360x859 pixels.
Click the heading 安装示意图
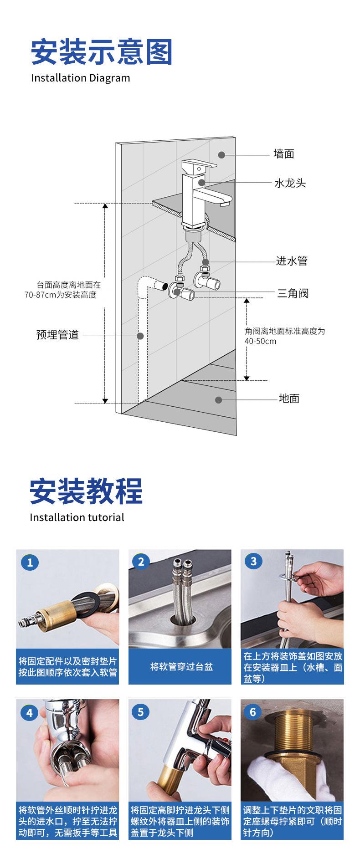coord(102,52)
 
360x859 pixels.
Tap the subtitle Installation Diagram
coord(80,78)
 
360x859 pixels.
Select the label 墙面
coord(283,154)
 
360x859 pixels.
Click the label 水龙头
coord(289,183)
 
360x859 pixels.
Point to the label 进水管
coord(292,261)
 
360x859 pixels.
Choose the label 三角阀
coord(293,293)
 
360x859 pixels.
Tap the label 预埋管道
coord(57,335)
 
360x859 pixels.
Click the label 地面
coord(289,399)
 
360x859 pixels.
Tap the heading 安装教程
coord(86,491)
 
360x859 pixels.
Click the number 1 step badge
coord(30,562)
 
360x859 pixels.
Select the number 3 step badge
coord(254,561)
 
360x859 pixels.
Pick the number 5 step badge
coord(140,711)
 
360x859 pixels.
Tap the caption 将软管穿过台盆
coord(181,667)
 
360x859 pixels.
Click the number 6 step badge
coord(253,711)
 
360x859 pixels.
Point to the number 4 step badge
coord(30,712)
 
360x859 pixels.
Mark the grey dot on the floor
coord(219,400)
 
